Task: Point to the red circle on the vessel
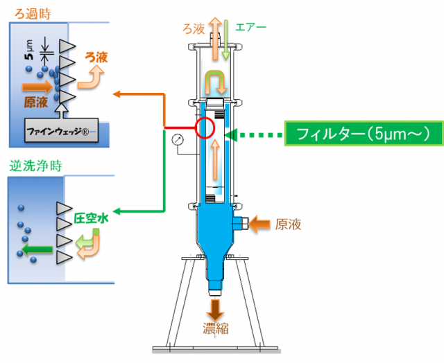(x=206, y=127)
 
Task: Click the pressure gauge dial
(x=180, y=141)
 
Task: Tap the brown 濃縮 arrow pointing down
(x=216, y=307)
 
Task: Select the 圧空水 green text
(x=92, y=218)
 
